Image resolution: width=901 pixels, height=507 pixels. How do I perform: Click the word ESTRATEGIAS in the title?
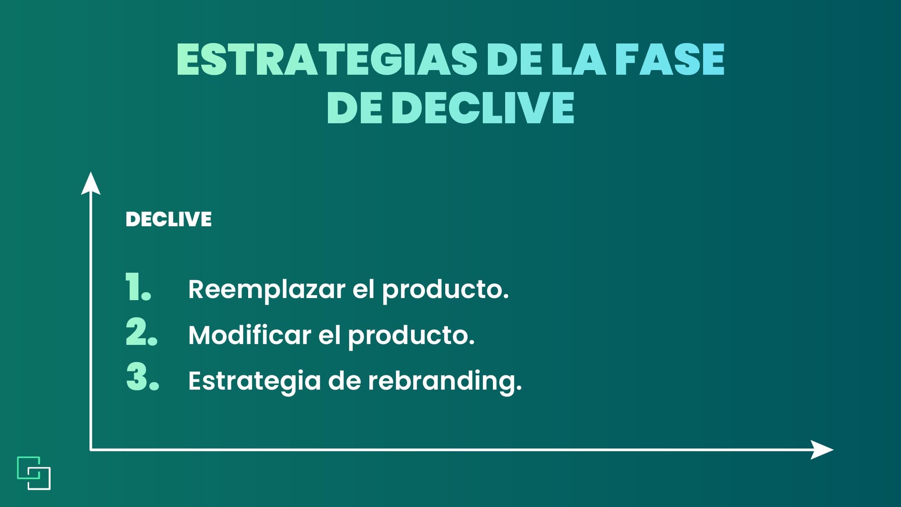pyautogui.click(x=327, y=60)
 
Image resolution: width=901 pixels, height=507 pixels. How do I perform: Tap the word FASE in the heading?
pyautogui.click(x=670, y=60)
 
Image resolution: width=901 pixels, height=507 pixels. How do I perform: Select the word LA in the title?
pyautogui.click(x=579, y=60)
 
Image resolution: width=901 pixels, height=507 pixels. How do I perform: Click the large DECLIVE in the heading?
pyautogui.click(x=483, y=108)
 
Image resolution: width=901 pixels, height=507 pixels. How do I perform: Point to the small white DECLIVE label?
pyautogui.click(x=169, y=219)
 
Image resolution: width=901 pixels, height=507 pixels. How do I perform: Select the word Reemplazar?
pyautogui.click(x=267, y=290)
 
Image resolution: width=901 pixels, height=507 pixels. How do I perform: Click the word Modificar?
pyautogui.click(x=250, y=335)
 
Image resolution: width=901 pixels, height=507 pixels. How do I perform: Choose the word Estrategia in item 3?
pyautogui.click(x=254, y=381)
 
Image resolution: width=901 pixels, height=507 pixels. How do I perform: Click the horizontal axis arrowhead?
pyautogui.click(x=822, y=450)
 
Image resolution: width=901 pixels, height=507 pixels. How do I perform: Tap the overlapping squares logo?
pyautogui.click(x=34, y=473)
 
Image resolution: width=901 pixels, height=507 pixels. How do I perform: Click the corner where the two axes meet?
pyautogui.click(x=91, y=450)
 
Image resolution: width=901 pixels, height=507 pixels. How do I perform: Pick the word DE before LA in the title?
pyautogui.click(x=514, y=60)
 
